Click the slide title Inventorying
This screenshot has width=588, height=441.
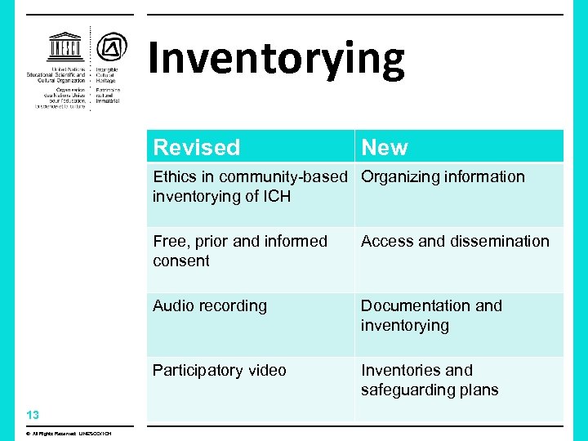[276, 59]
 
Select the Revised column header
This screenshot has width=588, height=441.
[197, 147]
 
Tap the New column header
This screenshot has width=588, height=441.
[384, 147]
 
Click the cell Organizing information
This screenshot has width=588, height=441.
[443, 176]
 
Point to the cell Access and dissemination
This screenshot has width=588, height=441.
[455, 241]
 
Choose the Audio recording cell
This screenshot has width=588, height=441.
[210, 305]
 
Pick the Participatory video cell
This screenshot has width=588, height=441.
[220, 370]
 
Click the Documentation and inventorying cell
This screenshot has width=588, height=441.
[431, 315]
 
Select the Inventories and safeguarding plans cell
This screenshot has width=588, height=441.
[430, 380]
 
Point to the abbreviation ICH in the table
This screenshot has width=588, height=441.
[275, 196]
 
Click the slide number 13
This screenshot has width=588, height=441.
[33, 414]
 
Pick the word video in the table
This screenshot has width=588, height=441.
[265, 370]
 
